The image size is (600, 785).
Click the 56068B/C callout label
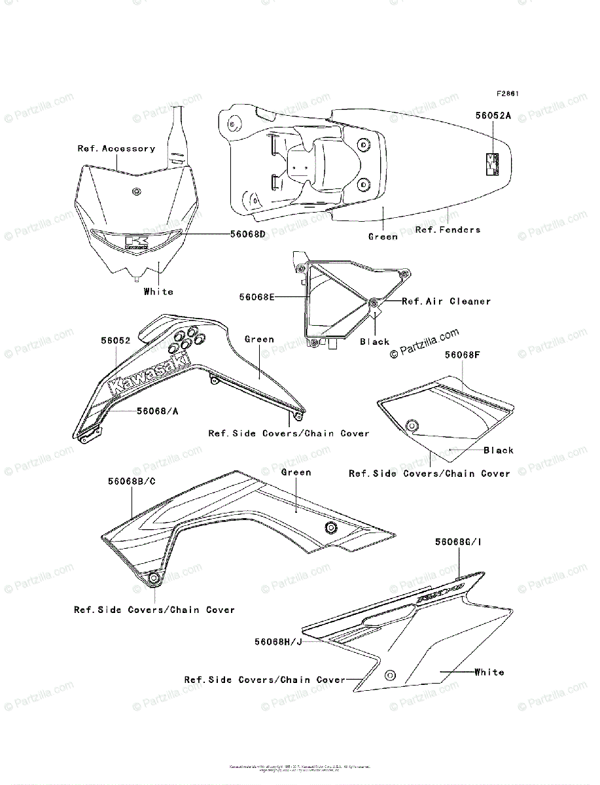132,481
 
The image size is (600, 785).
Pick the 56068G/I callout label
459,542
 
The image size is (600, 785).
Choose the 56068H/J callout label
278,642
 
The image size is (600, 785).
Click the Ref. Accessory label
116,148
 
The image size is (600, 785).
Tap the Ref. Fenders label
448,230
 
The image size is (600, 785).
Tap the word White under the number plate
158,291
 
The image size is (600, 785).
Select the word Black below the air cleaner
374,341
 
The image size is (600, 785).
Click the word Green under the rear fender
383,236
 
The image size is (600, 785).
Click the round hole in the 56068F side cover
412,427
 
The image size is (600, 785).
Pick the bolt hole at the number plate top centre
135,191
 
